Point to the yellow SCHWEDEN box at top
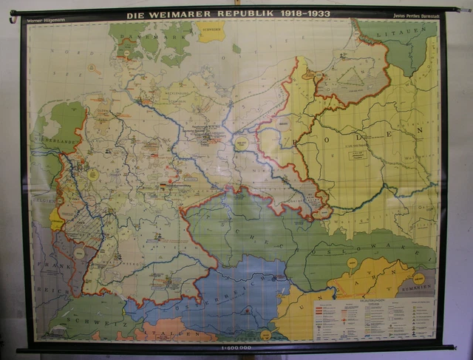point(210,32)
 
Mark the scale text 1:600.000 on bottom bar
point(235,347)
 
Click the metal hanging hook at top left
point(13,19)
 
